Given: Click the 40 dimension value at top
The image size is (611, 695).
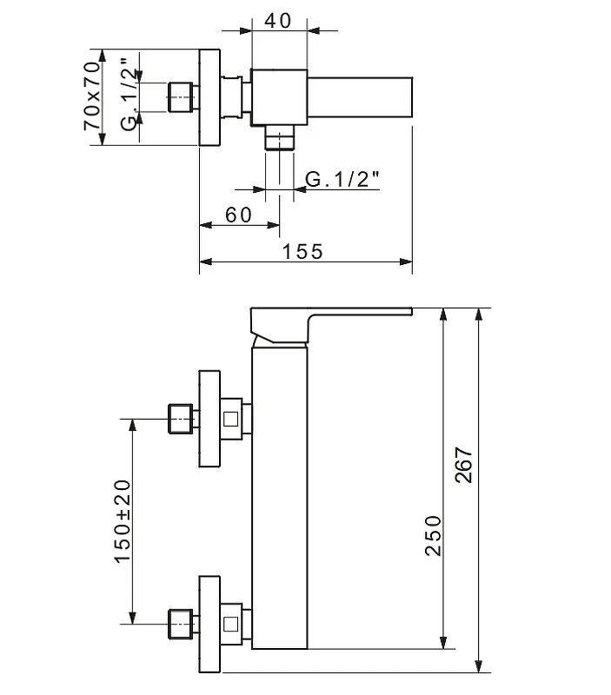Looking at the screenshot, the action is coord(278,21).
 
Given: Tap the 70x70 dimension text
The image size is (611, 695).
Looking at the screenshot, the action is coord(92,96).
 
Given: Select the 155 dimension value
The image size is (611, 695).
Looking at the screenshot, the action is coord(302,252).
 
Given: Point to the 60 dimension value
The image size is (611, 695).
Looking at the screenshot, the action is coord(238,215).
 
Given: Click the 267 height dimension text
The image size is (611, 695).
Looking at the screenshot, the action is coord(464,465).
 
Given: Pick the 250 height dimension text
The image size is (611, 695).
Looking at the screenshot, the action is coord(433,535).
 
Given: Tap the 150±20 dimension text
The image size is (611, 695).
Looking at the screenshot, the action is coord(123,521).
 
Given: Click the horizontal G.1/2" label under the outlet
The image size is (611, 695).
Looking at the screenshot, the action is coord(342,180).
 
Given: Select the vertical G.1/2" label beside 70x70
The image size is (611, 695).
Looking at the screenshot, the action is coord(130,94).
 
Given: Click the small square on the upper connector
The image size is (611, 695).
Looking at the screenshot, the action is coord(230,419).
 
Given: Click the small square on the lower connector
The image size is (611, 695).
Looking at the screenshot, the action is coord(230,624).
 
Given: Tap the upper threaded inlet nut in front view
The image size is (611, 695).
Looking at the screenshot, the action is coord(181,419).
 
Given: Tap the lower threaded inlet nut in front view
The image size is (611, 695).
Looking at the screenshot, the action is coord(181,624).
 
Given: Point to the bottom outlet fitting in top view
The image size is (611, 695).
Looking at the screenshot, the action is coord(279,138).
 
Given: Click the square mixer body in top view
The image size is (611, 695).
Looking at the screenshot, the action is coord(279,97).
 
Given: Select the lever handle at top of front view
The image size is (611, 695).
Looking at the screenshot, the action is coord(331,325).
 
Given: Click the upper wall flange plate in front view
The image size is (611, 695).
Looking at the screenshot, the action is coord(209,419).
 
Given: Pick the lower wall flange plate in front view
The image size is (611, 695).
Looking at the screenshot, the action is coord(209,624).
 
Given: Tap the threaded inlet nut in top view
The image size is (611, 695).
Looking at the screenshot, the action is coord(181,97).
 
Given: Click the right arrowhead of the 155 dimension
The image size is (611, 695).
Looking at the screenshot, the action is coord(406,262).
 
